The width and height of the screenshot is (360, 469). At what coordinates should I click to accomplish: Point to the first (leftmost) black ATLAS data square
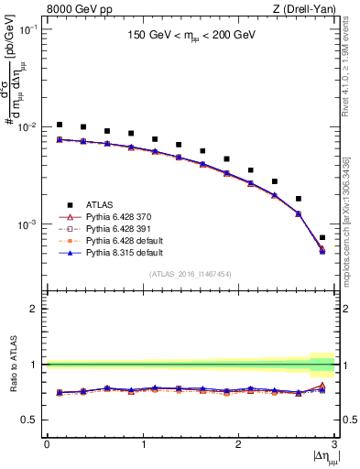click(60, 125)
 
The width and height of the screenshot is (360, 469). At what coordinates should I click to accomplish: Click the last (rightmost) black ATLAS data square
click(322, 238)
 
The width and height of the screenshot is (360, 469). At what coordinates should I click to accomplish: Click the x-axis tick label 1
click(142, 444)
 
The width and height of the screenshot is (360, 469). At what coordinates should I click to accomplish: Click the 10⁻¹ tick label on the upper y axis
click(29, 29)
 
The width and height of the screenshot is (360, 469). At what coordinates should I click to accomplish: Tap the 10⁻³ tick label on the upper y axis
click(29, 224)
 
